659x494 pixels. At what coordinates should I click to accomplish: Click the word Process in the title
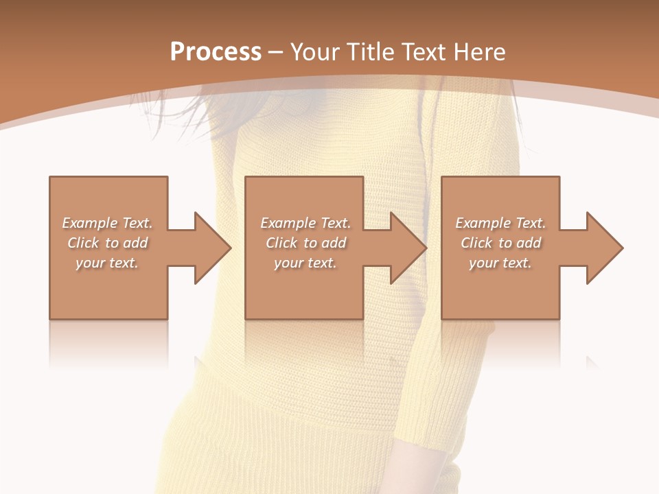point(216,52)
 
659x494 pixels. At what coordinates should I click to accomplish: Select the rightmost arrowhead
point(603,248)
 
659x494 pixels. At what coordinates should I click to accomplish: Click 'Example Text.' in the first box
point(107,223)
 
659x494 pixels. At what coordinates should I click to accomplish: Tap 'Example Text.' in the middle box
point(305,223)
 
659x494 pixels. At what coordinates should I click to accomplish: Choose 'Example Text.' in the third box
point(500,223)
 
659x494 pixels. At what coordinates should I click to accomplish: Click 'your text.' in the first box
point(107,263)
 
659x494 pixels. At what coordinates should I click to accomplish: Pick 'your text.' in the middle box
point(305,263)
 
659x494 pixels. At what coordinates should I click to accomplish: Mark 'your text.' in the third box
point(500,263)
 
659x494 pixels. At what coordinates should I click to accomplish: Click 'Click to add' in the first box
point(107,243)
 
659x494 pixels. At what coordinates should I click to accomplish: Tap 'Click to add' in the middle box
point(305,243)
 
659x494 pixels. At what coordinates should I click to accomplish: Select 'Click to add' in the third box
point(500,243)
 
